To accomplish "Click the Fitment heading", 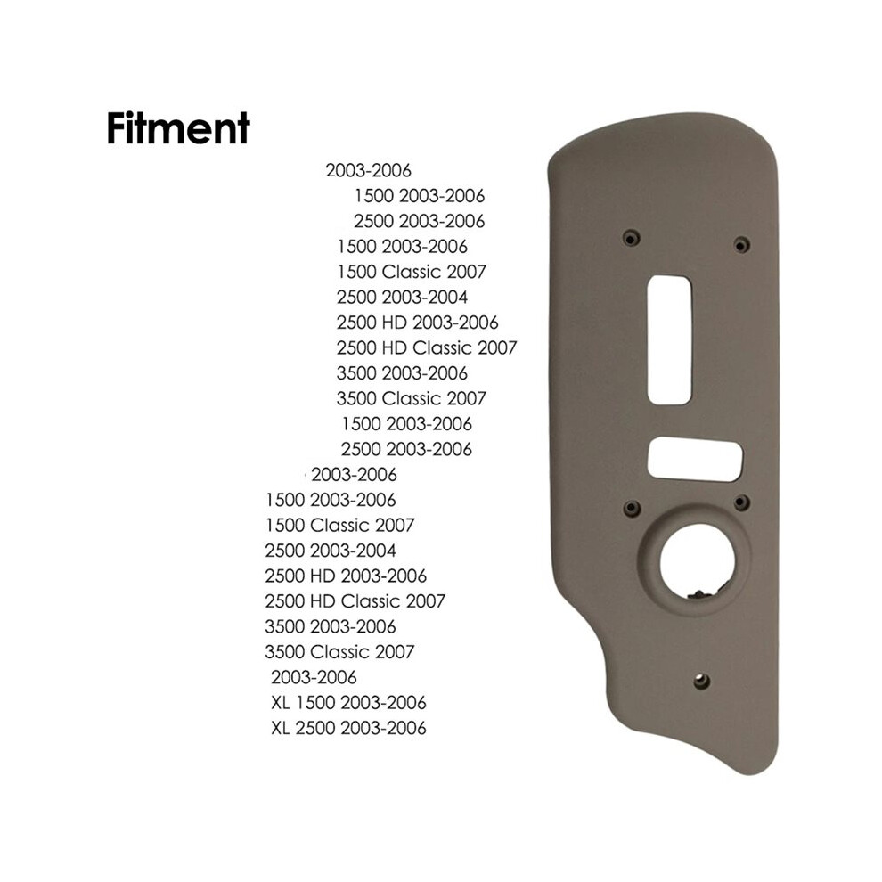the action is point(178,128).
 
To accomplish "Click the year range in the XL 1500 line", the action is point(384,703).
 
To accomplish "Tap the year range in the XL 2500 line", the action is point(384,728).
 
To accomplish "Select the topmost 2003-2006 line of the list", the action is point(369,170).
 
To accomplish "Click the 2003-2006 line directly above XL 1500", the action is point(314,677).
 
